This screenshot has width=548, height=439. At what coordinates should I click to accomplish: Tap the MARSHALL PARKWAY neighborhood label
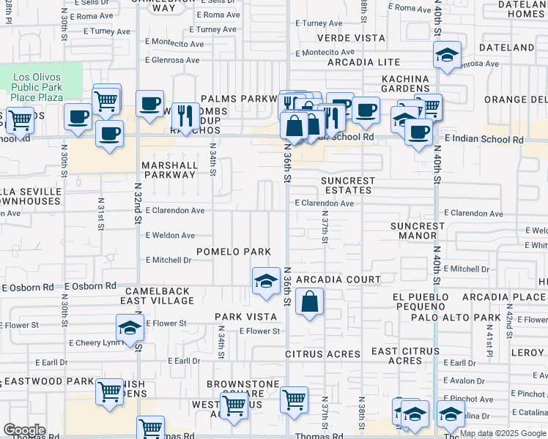pyautogui.click(x=170, y=170)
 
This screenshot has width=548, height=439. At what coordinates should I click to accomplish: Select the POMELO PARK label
pyautogui.click(x=234, y=252)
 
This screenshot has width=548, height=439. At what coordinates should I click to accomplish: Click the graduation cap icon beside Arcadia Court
pyautogui.click(x=266, y=281)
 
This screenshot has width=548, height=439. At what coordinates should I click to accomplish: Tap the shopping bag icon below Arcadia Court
pyautogui.click(x=310, y=301)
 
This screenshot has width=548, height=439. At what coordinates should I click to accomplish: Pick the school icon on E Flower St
pyautogui.click(x=130, y=327)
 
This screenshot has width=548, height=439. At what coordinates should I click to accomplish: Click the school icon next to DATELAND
pyautogui.click(x=446, y=55)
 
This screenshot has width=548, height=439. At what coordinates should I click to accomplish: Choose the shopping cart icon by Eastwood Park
pyautogui.click(x=109, y=391)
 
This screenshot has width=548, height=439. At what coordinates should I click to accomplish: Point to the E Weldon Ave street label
pyautogui.click(x=170, y=236)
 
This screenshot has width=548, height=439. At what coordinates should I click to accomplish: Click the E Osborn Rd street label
pyautogui.click(x=90, y=286)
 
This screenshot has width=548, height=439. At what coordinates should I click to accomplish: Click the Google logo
pyautogui.click(x=24, y=430)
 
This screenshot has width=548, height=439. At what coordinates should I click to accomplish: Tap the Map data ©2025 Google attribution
pyautogui.click(x=503, y=433)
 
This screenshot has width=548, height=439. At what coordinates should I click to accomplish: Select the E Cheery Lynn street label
pyautogui.click(x=94, y=342)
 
